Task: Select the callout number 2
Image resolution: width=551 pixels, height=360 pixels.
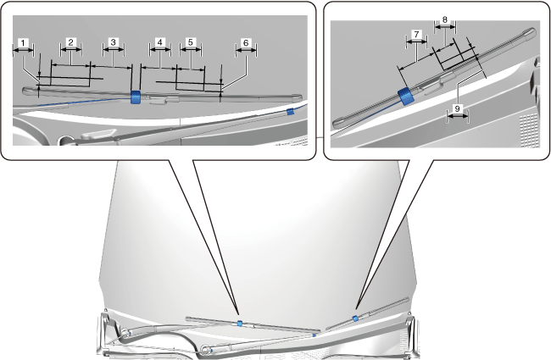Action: click(71, 42)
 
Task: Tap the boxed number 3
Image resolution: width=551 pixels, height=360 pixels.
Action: click(113, 42)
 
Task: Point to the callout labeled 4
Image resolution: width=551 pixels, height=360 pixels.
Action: click(159, 42)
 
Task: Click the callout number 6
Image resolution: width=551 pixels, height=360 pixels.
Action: click(246, 42)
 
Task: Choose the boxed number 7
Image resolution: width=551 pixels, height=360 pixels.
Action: click(415, 35)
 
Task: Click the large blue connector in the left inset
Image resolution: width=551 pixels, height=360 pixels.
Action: click(136, 97)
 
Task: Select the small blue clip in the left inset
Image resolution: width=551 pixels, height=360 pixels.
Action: click(290, 111)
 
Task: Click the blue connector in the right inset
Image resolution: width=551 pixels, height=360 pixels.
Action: click(405, 96)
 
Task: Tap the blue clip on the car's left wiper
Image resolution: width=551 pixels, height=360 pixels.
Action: click(240, 323)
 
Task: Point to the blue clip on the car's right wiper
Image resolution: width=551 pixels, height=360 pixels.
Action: click(355, 318)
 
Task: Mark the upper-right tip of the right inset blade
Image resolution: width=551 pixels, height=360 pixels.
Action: click(530, 33)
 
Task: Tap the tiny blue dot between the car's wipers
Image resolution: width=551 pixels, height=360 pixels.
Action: click(314, 335)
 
